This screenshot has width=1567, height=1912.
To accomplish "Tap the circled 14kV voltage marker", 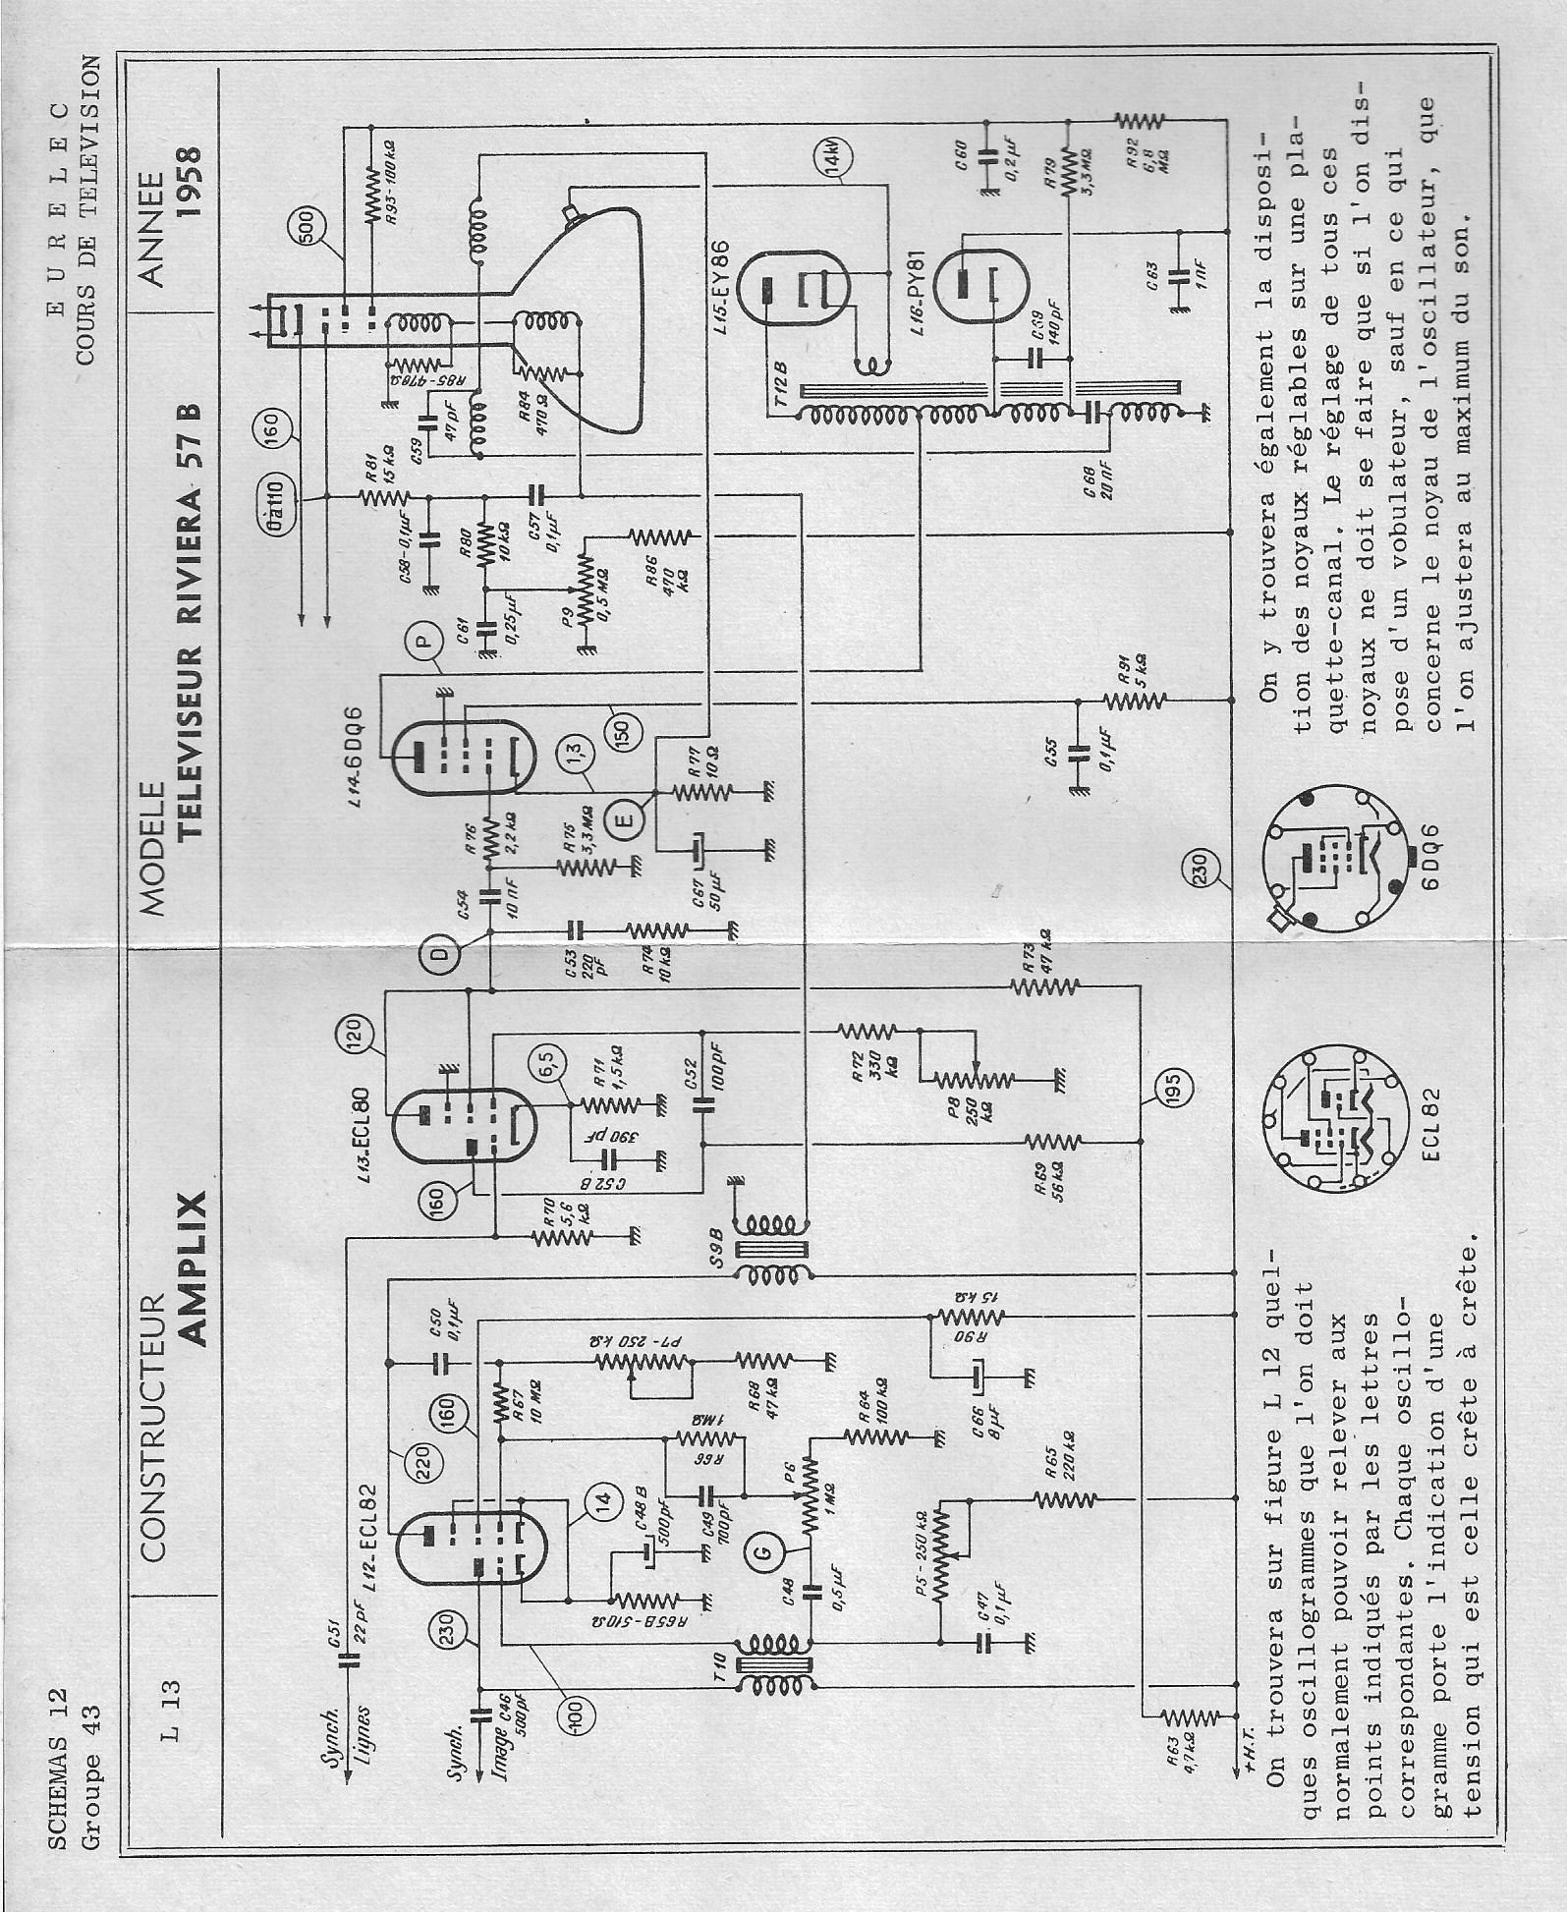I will point(832,157).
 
